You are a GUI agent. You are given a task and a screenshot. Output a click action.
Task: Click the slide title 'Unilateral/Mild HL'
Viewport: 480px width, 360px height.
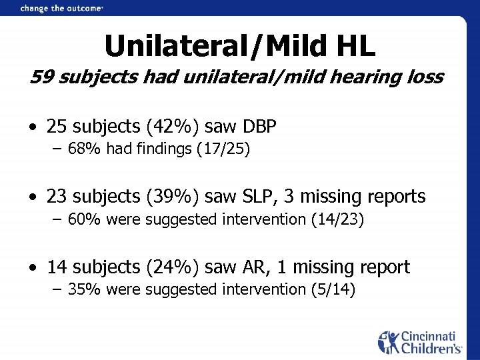pyautogui.click(x=240, y=46)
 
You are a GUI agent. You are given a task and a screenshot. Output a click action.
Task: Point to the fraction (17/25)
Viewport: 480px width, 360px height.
pyautogui.click(x=223, y=149)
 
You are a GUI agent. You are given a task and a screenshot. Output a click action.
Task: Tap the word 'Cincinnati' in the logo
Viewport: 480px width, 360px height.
pyautogui.click(x=428, y=336)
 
